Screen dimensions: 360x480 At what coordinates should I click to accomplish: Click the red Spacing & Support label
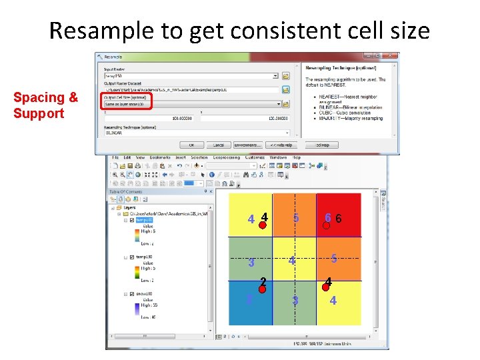coord(45,105)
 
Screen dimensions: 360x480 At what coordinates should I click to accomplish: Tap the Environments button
coord(247,145)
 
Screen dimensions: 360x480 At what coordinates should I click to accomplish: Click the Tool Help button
coord(323,145)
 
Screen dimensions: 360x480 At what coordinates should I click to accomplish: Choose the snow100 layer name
coord(145,294)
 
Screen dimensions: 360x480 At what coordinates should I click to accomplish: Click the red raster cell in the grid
coord(339,215)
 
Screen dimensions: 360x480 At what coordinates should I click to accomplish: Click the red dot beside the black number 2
coord(263,289)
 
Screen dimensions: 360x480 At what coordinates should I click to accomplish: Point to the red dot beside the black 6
coord(327,225)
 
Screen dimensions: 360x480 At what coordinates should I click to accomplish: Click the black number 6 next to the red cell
coord(339,219)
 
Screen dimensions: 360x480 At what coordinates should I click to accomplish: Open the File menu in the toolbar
coord(115,157)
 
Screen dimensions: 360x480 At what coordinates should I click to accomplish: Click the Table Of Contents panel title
coord(127,191)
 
